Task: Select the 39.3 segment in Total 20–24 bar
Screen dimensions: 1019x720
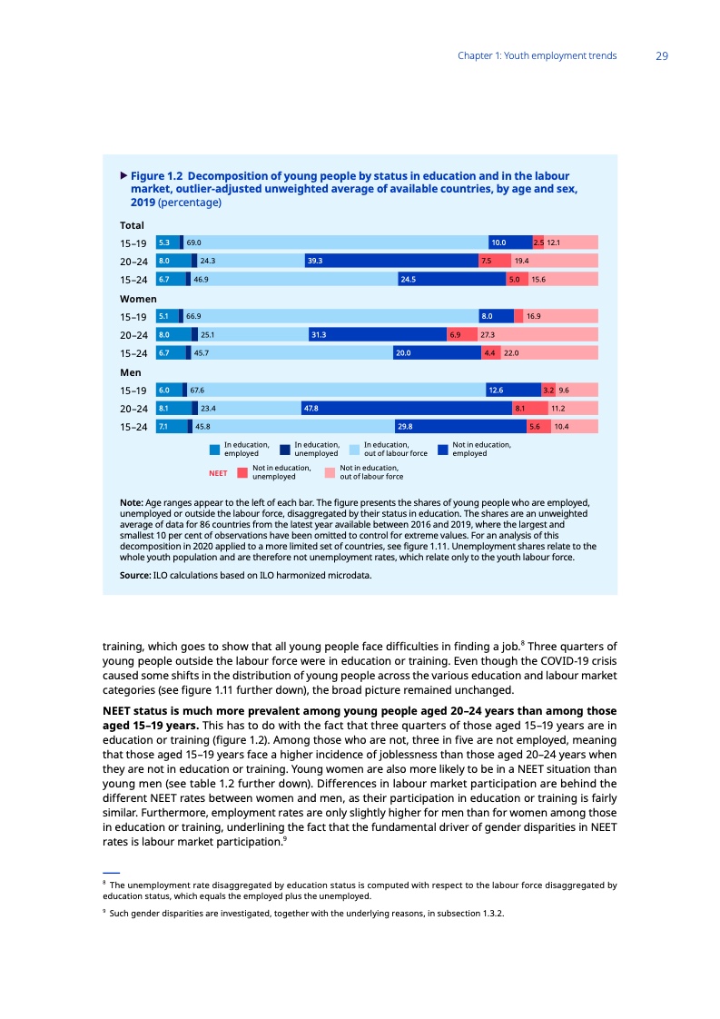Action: (391, 261)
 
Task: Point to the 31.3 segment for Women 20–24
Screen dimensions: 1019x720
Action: (377, 335)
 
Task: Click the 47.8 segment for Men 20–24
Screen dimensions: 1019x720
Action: (407, 409)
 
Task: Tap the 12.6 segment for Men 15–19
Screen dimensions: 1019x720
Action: (513, 391)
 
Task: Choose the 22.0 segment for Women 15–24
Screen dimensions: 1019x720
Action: (548, 353)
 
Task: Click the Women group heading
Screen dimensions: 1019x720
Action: (138, 299)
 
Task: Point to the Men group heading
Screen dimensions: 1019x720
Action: (132, 372)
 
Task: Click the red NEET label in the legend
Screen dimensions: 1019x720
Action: (218, 472)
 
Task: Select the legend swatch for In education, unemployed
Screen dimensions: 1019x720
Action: (285, 449)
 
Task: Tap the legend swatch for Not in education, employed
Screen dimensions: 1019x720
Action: (443, 449)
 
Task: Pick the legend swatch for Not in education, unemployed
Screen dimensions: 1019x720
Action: (242, 472)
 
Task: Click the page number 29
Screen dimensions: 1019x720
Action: (662, 56)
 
